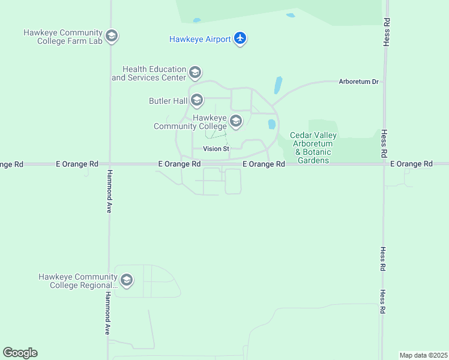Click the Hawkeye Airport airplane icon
241,38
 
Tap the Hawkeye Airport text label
200,39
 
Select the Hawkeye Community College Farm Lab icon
111,37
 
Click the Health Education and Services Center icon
194,73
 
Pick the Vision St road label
216,149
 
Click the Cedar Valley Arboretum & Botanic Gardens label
313,148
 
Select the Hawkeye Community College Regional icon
126,280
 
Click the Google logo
20,353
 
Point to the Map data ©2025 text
423,355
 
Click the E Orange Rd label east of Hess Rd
411,164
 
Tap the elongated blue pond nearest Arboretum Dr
278,85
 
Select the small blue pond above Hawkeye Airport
291,15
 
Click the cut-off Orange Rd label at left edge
11,164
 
